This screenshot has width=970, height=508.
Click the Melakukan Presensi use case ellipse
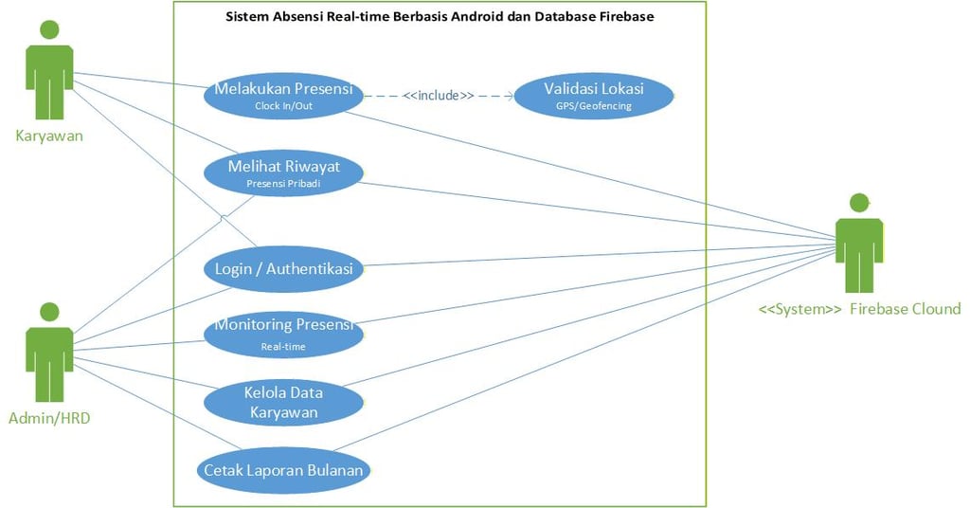(x=283, y=96)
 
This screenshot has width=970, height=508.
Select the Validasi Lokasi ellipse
(x=593, y=96)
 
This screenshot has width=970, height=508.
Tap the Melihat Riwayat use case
(x=283, y=173)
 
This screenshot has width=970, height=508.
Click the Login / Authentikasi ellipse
(x=283, y=269)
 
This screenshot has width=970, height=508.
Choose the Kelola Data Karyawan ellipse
(x=283, y=403)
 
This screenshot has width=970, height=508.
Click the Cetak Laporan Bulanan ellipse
(x=283, y=470)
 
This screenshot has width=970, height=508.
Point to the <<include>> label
(x=438, y=95)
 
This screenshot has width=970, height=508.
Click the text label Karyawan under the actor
(x=49, y=136)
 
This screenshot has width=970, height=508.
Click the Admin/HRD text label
(x=49, y=418)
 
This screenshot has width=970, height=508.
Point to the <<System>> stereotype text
(x=799, y=309)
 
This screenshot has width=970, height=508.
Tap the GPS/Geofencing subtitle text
(x=593, y=107)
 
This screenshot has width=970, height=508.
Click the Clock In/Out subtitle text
(x=283, y=106)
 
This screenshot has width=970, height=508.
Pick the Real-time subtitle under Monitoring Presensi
(x=283, y=347)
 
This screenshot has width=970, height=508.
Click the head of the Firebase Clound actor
(x=859, y=201)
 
